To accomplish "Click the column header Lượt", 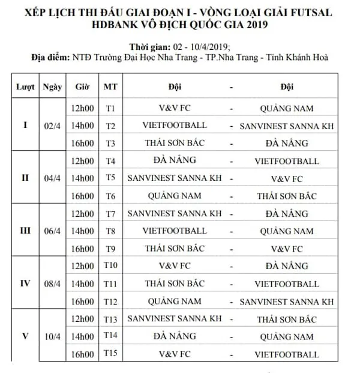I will click(x=25, y=86).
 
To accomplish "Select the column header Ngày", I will click(x=52, y=86).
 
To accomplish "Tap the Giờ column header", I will click(x=82, y=86).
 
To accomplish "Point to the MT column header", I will click(x=110, y=86).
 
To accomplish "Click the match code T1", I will click(x=110, y=108).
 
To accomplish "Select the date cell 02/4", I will click(x=52, y=126).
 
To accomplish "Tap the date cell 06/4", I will click(x=52, y=231).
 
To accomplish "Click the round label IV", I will click(x=25, y=283).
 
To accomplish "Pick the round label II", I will click(x=25, y=178).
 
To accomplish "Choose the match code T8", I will click(x=110, y=231).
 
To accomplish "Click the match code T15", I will click(x=110, y=354).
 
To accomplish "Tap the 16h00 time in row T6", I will click(x=82, y=196).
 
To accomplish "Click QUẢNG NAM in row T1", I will click(x=286, y=108).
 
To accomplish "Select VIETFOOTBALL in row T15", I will click(x=286, y=354).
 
